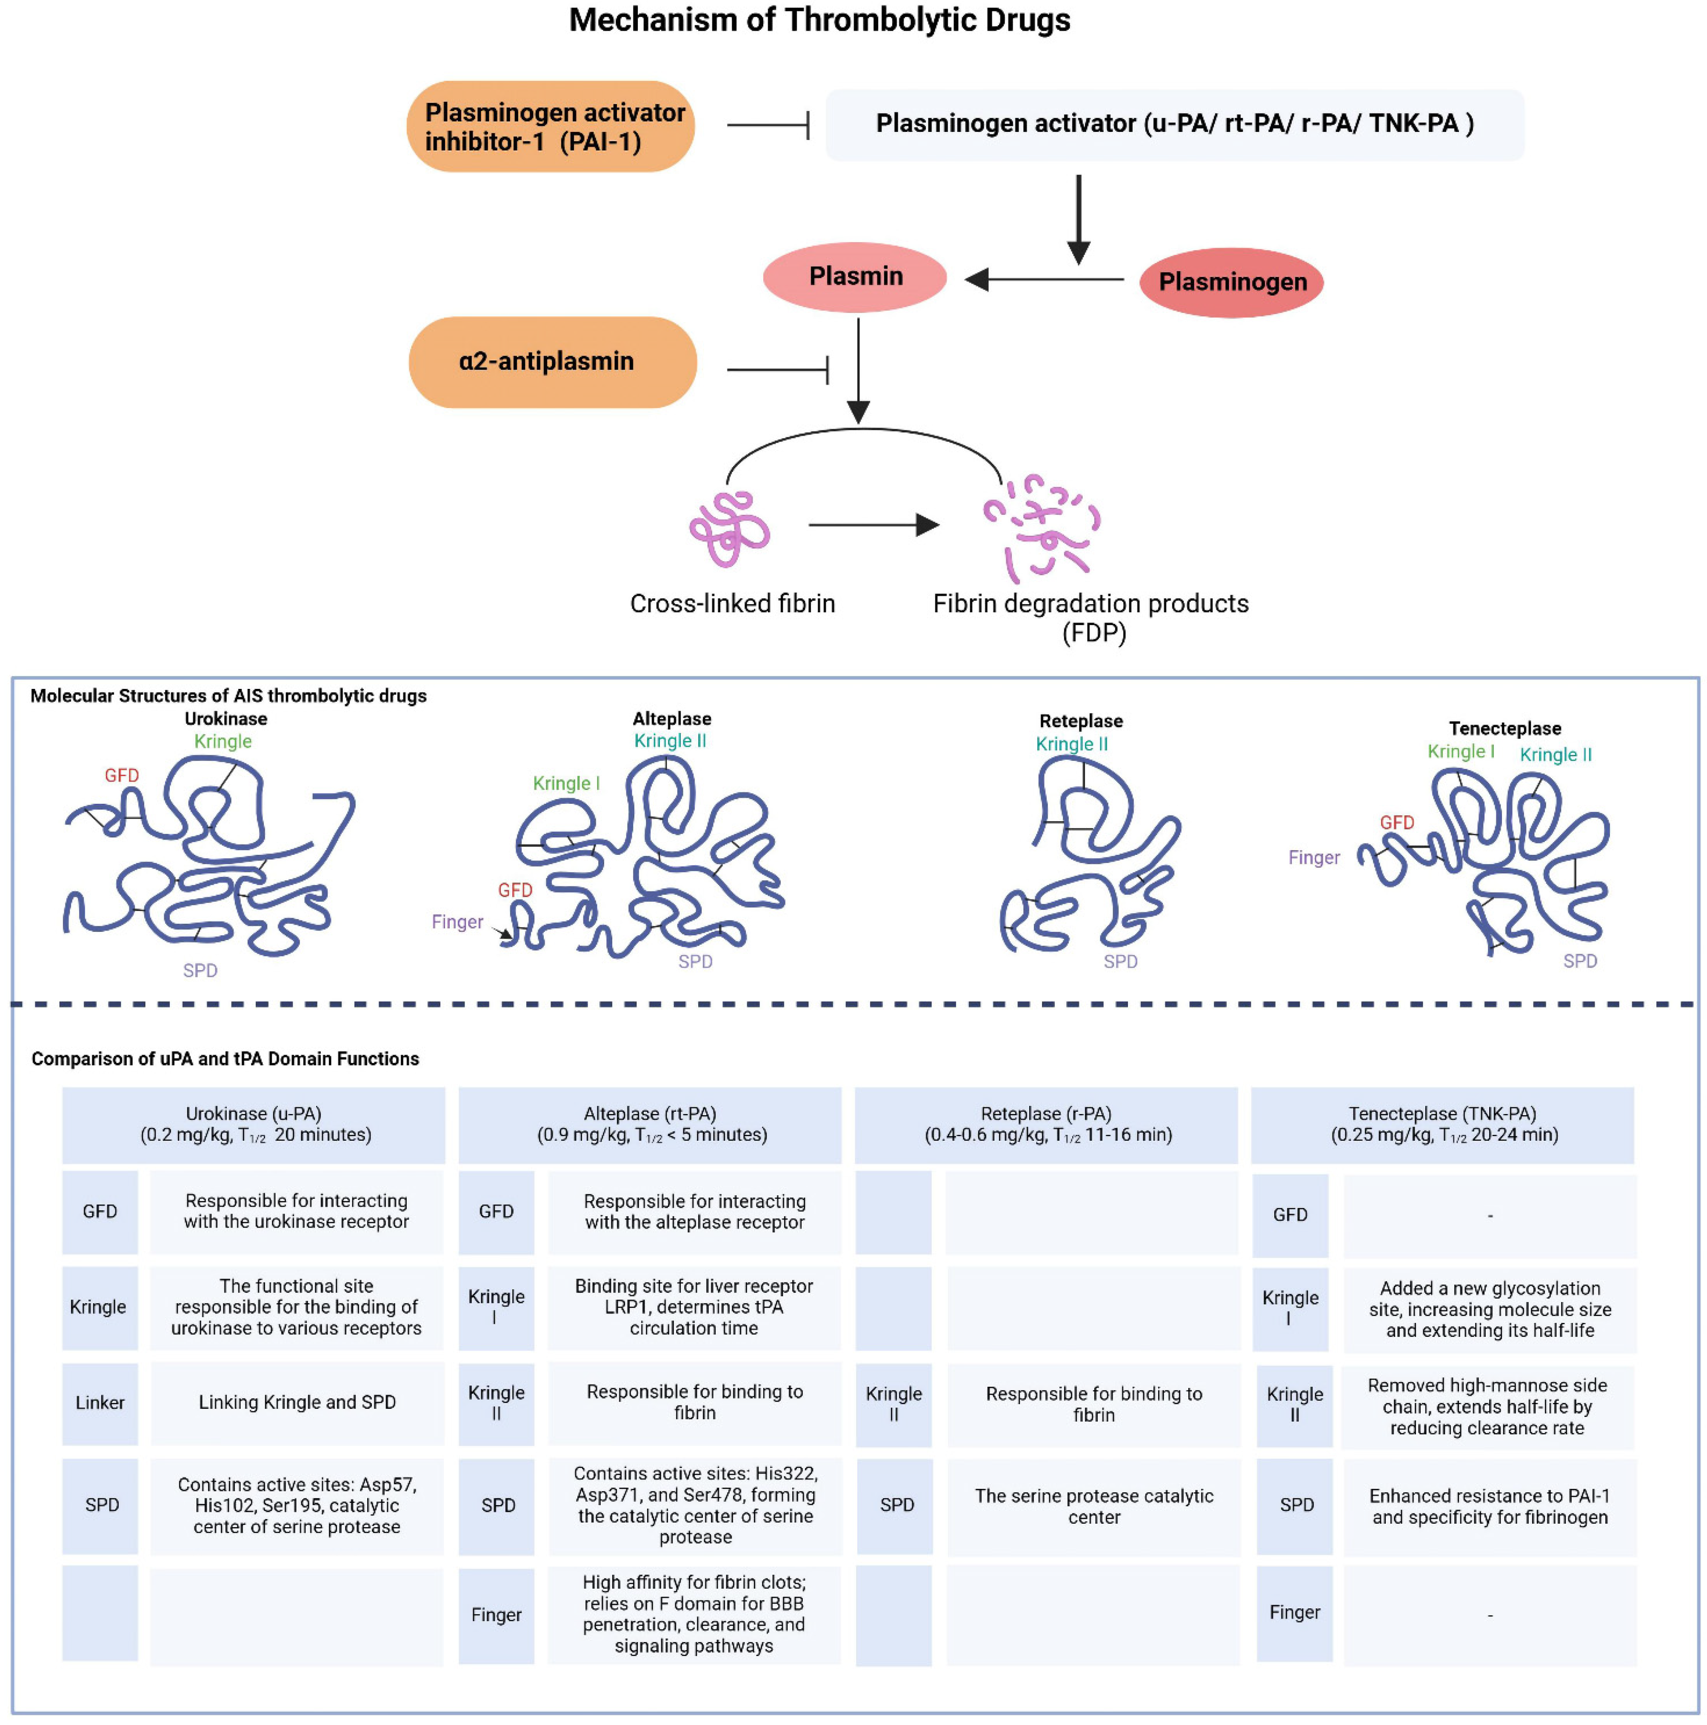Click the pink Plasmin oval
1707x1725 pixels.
[x=854, y=277]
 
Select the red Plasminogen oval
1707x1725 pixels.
[x=1231, y=282]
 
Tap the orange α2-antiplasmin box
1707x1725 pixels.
[x=553, y=362]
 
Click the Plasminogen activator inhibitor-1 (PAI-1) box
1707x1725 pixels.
[x=551, y=126]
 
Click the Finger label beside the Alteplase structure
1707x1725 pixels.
[x=457, y=921]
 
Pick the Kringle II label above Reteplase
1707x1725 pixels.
[x=1071, y=744]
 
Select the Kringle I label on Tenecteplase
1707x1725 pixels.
[x=1461, y=751]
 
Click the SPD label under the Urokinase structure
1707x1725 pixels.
[x=200, y=971]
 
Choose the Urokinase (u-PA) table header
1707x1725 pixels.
[x=254, y=1125]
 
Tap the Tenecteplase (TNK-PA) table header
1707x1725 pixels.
[x=1443, y=1125]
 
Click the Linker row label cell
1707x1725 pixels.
[x=100, y=1402]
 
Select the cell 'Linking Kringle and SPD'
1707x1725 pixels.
[x=297, y=1402]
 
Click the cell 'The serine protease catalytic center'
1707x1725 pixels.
[x=1093, y=1506]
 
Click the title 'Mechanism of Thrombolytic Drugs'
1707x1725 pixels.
[x=819, y=20]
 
